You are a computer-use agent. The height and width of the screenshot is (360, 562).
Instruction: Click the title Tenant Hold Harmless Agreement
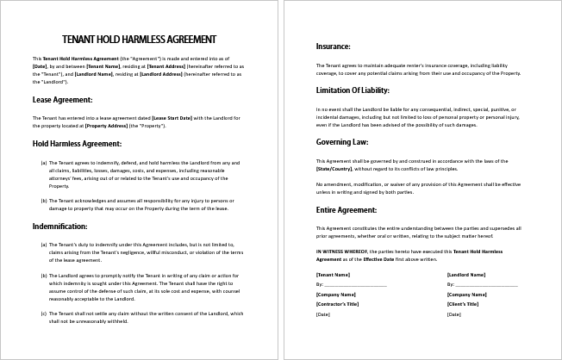140,39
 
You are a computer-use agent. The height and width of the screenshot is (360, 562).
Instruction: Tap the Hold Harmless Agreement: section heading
77,143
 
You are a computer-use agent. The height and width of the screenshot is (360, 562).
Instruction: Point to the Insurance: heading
333,47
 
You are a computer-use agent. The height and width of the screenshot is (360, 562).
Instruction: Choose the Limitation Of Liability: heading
353,90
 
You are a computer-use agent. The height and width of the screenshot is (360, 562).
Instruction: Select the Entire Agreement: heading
347,209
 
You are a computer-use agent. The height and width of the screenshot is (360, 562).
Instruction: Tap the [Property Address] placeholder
107,126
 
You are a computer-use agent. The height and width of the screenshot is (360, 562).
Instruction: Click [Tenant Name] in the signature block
334,275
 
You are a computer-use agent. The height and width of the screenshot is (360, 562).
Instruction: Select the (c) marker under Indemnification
43,313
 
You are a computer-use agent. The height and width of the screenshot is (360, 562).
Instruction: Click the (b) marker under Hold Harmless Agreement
43,200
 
